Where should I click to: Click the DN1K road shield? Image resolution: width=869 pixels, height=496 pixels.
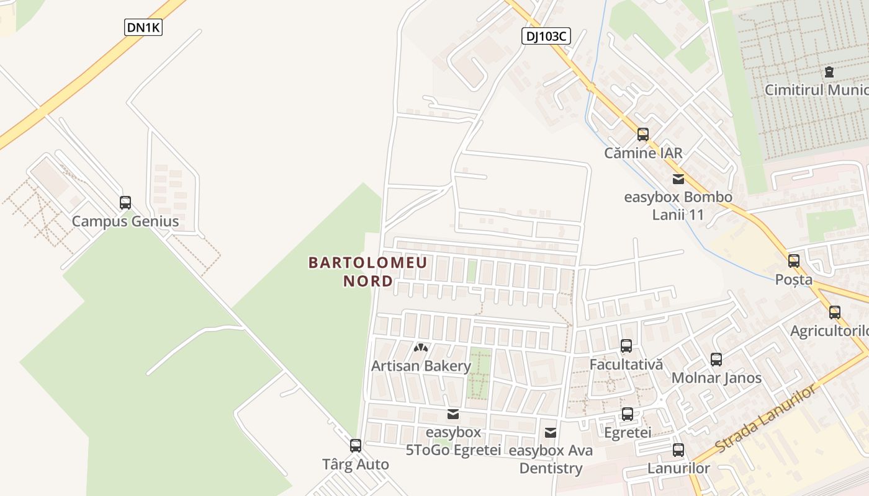tap(143, 27)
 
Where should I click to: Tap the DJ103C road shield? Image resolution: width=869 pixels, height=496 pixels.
tap(545, 37)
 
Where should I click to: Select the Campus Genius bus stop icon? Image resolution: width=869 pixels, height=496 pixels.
tap(125, 203)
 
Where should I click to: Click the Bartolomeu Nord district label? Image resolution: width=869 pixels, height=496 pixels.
tap(368, 272)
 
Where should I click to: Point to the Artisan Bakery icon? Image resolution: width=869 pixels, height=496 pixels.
tap(421, 348)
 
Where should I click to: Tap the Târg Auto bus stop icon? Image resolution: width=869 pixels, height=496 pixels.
tap(356, 446)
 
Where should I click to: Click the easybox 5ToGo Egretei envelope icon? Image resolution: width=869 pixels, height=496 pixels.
tap(453, 414)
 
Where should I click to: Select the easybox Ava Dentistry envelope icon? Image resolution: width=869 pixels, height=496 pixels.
tap(551, 433)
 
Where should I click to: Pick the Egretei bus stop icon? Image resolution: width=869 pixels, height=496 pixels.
tap(628, 414)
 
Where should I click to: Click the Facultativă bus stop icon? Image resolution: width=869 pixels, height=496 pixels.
tap(626, 346)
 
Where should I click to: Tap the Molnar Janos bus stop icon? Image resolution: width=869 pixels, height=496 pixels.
tap(716, 360)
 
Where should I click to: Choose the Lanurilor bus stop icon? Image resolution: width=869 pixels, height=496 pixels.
tap(678, 450)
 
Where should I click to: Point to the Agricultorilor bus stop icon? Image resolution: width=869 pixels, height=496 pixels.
tap(835, 312)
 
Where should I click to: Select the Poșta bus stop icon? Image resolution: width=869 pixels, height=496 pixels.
tap(794, 261)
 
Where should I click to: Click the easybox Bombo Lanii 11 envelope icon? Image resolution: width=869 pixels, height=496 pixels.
tap(678, 179)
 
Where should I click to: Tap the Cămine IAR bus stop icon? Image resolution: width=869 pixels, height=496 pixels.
tap(643, 135)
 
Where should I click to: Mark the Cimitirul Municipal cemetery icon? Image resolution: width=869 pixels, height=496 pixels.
tap(829, 72)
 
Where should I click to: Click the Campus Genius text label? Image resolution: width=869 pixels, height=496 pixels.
tap(125, 221)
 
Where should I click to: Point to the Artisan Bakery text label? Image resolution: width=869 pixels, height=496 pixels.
tap(421, 366)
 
